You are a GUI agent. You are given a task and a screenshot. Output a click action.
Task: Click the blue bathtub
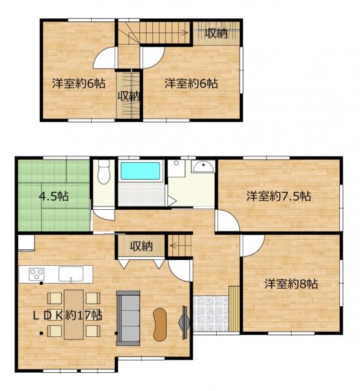(x=140, y=171)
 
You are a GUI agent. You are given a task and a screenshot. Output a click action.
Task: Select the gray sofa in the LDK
(x=128, y=318)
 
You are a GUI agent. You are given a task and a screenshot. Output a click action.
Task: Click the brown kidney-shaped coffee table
(x=159, y=324)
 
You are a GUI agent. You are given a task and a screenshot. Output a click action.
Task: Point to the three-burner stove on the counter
(x=36, y=274)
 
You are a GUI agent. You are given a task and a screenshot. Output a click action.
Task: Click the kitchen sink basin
(x=71, y=274)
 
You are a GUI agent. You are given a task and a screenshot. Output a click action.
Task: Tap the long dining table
(x=74, y=315)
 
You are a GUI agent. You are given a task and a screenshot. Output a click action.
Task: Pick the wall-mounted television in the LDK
(x=184, y=323)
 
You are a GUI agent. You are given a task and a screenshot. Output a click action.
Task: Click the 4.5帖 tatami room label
(x=54, y=197)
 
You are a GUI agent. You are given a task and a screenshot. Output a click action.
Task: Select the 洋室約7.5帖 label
(x=279, y=196)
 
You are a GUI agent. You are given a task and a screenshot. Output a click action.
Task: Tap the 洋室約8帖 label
(x=291, y=283)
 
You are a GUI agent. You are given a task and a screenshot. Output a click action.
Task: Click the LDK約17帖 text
(x=68, y=315)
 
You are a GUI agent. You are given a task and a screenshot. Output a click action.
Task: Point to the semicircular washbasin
(x=203, y=166)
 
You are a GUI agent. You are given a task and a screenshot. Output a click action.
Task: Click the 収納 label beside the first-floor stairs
(x=141, y=246)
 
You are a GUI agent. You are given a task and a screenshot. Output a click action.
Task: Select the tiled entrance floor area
(x=211, y=313)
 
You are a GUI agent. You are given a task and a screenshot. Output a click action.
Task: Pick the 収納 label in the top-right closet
(x=216, y=33)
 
